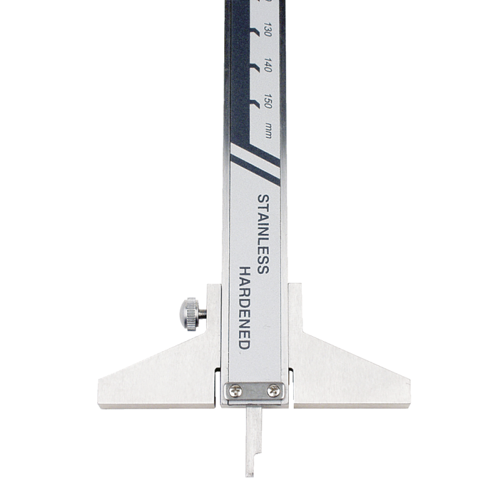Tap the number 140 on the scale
268,67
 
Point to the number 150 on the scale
268,102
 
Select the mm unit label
268,131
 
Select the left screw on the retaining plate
235,390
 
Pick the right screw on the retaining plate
272,390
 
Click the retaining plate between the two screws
254,391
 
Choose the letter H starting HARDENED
245,271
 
